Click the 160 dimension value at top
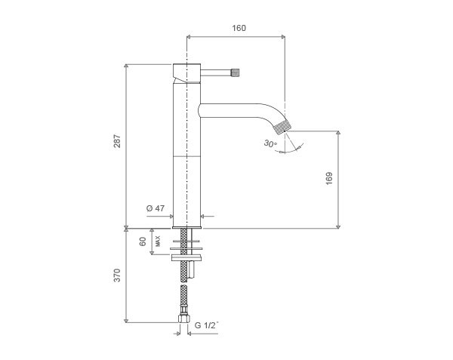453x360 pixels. click(x=239, y=28)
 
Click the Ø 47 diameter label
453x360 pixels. click(x=156, y=208)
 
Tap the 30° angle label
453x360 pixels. click(x=270, y=143)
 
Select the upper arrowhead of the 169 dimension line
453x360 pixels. click(x=338, y=133)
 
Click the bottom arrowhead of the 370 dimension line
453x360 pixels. click(x=125, y=321)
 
